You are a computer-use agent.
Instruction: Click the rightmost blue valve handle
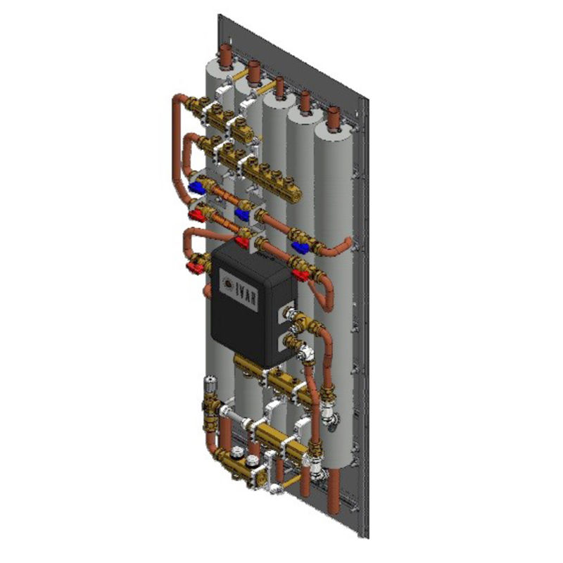tap(302, 246)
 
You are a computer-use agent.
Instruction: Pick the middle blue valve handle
tap(243, 213)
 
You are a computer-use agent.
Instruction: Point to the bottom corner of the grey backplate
tap(367, 538)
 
